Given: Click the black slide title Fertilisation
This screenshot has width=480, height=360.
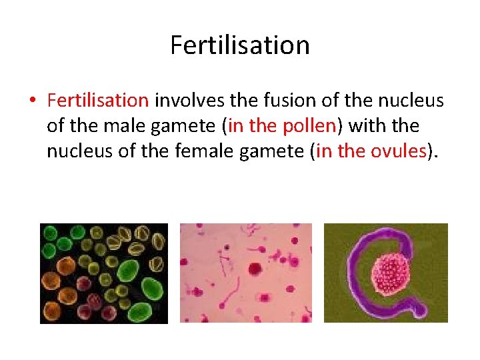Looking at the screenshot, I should [240, 45].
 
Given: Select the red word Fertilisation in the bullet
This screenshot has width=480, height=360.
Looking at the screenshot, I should [98, 100].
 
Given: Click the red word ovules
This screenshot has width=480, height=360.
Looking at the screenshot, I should [399, 151].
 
